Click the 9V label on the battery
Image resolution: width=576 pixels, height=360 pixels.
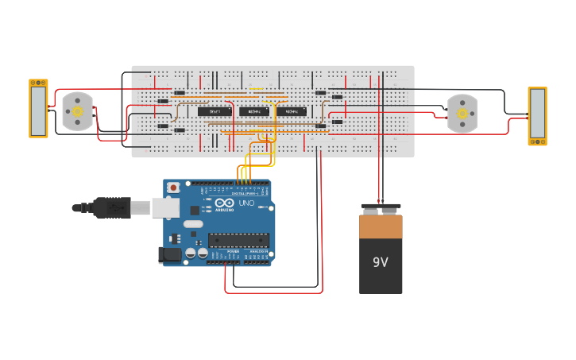[381, 261]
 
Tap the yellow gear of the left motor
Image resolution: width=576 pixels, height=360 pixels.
[78, 112]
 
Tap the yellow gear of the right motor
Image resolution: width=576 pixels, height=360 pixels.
[462, 114]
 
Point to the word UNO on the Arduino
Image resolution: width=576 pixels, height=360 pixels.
[246, 203]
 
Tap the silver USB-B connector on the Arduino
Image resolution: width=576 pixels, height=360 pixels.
[165, 207]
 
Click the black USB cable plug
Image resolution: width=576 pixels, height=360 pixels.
[111, 207]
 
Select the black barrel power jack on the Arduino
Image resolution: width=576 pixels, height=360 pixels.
[169, 255]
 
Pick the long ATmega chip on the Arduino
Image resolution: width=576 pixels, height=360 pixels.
[238, 240]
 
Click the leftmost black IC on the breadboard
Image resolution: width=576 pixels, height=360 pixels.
[215, 112]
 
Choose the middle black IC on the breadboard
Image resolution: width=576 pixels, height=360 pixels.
[255, 112]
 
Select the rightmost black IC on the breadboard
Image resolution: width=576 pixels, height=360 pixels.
[292, 112]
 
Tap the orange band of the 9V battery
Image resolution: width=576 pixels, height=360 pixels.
[381, 226]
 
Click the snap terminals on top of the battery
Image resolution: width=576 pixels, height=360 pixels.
[381, 209]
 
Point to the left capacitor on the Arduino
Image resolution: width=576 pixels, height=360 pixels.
[191, 253]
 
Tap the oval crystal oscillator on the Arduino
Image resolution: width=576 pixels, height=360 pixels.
[193, 224]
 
